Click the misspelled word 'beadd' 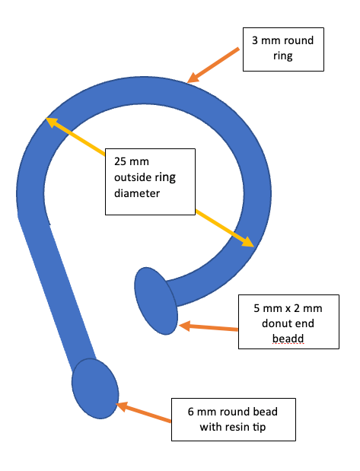[288, 339]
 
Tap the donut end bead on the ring [156, 301]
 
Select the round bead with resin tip [95, 389]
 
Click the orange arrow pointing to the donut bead [209, 327]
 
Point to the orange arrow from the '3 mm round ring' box [213, 65]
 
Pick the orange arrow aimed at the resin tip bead [143, 412]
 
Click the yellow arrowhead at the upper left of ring [52, 122]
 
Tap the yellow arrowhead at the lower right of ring [247, 242]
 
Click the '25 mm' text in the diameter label [132, 161]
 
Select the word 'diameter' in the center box [137, 193]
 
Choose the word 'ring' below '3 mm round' [283, 56]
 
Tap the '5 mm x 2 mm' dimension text [288, 308]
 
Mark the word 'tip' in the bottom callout [259, 427]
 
